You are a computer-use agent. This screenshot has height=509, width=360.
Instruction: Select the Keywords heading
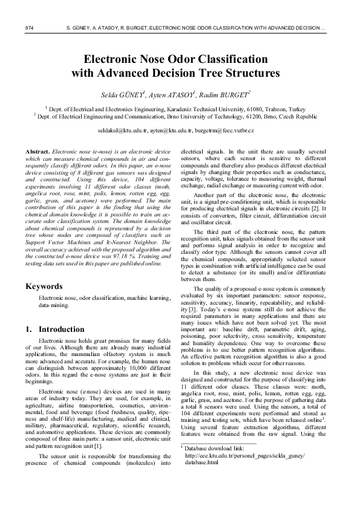click(x=42, y=286)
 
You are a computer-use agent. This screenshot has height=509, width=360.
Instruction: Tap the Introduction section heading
click(x=61, y=329)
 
